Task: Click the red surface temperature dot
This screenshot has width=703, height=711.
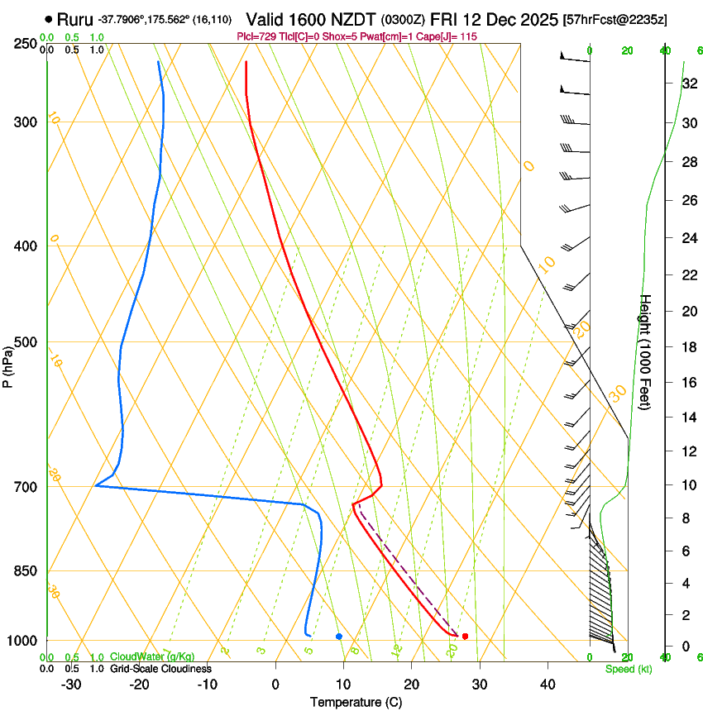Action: (x=465, y=636)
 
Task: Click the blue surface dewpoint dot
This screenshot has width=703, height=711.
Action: (x=339, y=636)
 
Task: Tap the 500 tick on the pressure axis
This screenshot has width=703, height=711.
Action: (x=24, y=342)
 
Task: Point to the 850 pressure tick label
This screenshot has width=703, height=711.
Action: (x=24, y=571)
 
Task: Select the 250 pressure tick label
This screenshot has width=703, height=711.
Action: (x=24, y=44)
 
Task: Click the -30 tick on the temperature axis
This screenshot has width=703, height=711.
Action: (x=71, y=685)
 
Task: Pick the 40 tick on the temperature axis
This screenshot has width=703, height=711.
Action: (x=547, y=685)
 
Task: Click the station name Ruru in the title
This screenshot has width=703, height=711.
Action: (x=74, y=19)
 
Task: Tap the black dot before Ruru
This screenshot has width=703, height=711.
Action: (x=50, y=19)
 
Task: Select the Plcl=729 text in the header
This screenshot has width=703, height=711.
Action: (x=256, y=36)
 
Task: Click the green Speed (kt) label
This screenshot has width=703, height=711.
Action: (x=628, y=669)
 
